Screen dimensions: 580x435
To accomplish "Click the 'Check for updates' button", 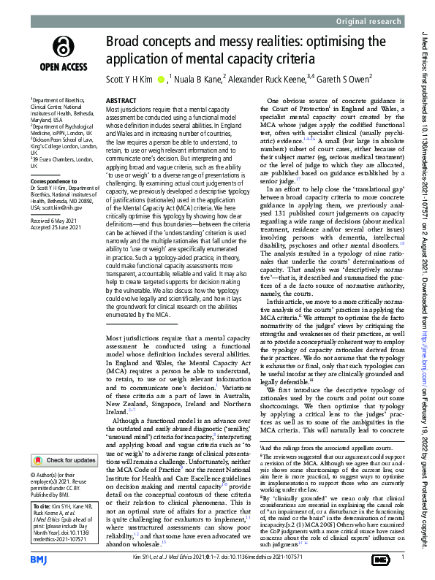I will point(64,440).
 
